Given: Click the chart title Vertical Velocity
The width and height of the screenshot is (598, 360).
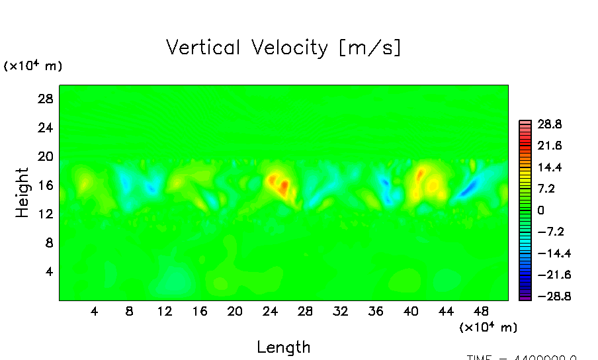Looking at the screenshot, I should tap(283, 48).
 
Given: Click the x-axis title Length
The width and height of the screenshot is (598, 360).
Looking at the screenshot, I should tap(283, 347).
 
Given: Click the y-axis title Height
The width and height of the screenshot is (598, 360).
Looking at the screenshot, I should tap(22, 193).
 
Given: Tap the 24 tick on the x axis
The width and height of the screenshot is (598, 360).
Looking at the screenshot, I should tap(269, 310).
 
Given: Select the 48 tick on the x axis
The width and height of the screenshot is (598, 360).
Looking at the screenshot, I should tap(481, 310).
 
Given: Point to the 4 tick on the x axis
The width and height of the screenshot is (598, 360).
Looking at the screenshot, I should tap(95, 310).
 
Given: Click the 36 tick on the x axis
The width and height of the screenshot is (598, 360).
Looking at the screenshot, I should tap(375, 310).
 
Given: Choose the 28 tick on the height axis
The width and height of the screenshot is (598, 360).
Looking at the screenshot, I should tap(44, 99).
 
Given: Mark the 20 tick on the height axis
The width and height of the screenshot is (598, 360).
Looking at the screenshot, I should tap(44, 156).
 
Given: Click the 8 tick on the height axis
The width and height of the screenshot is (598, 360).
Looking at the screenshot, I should tap(48, 243).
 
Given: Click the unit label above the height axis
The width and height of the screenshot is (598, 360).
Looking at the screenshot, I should tap(33, 66).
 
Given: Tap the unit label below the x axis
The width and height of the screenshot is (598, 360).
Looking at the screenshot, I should tap(488, 327).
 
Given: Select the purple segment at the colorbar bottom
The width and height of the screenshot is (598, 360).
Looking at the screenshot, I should tap(525, 298).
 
